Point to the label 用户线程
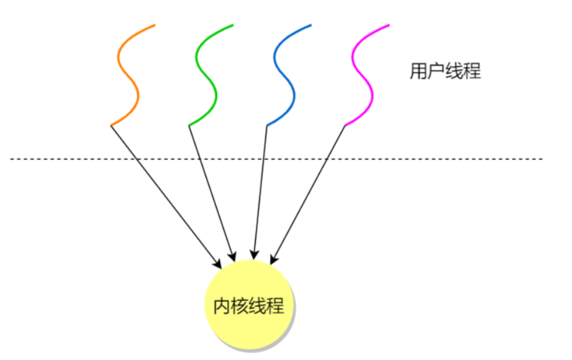[x=445, y=72]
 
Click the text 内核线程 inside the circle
[x=248, y=306]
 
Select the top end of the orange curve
[x=155, y=25]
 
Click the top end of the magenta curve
[x=388, y=25]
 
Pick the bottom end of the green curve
[x=189, y=125]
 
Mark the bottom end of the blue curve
[x=267, y=125]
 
